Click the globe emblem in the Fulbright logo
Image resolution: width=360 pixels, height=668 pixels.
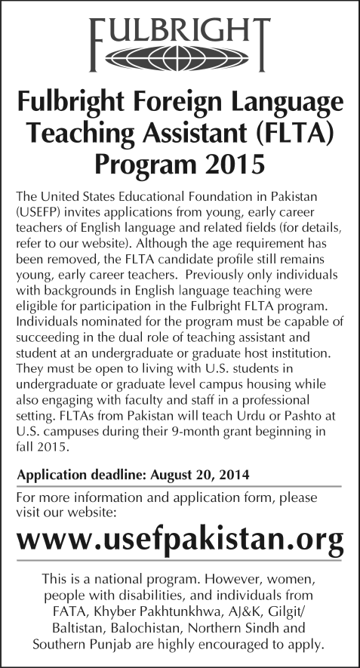pyautogui.click(x=180, y=57)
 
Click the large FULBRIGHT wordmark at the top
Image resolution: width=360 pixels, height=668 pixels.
pyautogui.click(x=180, y=30)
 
